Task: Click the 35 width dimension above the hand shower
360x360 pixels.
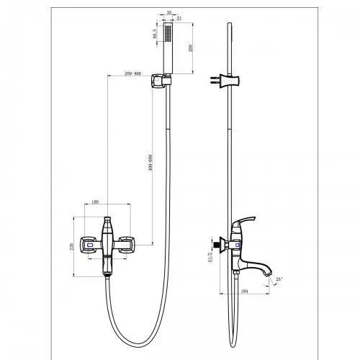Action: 168,13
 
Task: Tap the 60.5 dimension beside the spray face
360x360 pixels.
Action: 156,33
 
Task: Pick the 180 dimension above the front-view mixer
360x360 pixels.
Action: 95,202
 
